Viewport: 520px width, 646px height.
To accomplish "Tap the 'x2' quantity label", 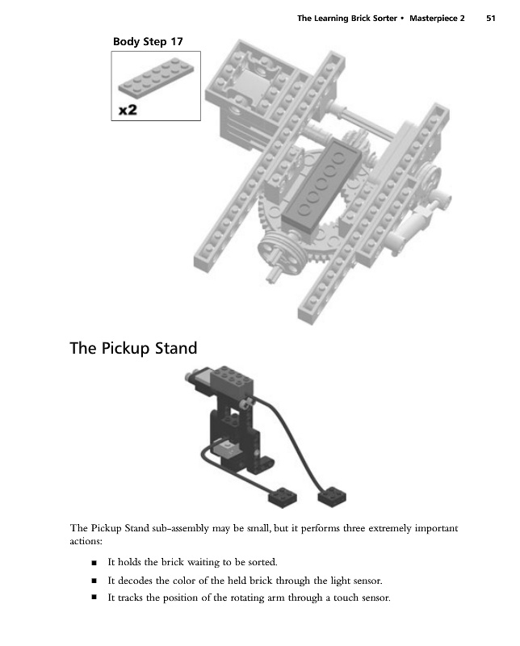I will (x=128, y=111).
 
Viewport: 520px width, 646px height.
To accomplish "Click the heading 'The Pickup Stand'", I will (x=133, y=348).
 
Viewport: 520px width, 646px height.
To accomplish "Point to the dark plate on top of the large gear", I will (x=321, y=182).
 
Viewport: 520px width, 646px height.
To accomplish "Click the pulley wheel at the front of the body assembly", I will (x=276, y=256).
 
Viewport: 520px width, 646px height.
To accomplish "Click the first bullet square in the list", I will (x=94, y=562).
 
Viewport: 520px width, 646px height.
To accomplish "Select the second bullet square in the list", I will (x=94, y=581).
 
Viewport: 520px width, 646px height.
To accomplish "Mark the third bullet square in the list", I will (x=94, y=598).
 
